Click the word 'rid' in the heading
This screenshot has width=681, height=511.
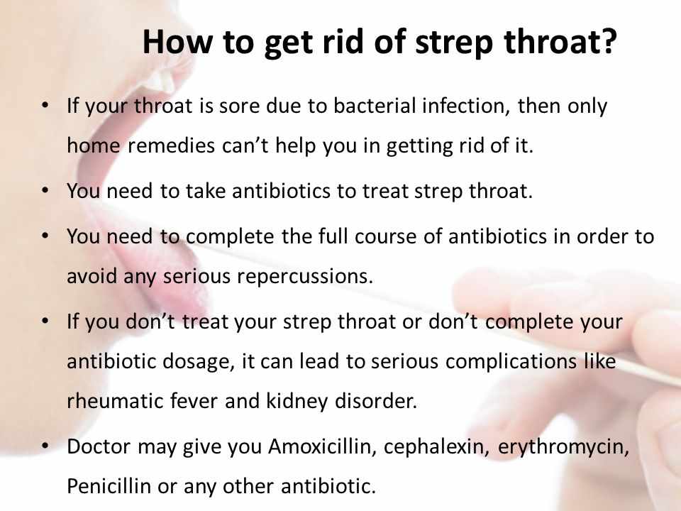343,41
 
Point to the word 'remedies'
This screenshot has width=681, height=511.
171,145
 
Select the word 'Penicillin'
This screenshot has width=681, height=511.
109,485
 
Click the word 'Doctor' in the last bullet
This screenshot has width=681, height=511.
99,446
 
